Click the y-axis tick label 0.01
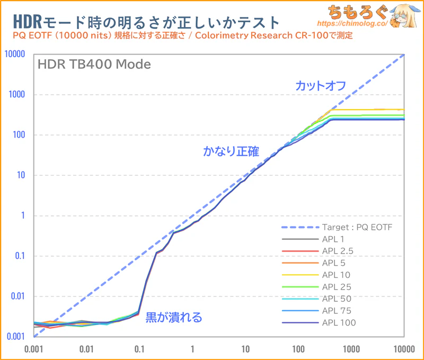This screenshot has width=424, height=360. (x=19, y=296)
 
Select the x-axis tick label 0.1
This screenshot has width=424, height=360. (x=139, y=349)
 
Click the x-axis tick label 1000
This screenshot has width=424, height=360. (x=351, y=349)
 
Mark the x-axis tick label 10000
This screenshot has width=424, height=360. (x=404, y=349)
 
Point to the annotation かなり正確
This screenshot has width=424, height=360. (x=231, y=151)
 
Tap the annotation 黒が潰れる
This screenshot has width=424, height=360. (x=174, y=318)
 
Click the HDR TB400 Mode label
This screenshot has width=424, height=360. (x=94, y=65)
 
